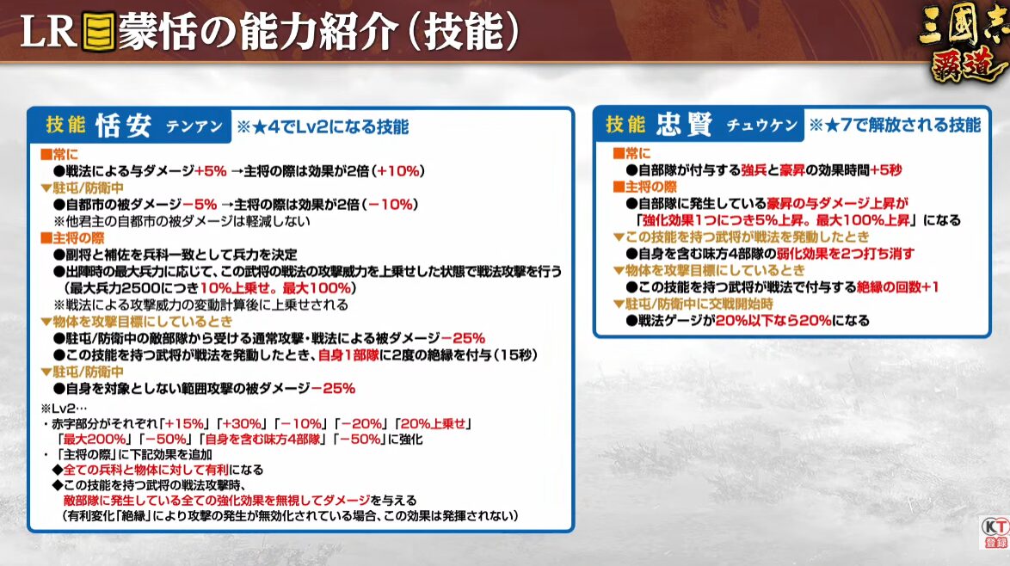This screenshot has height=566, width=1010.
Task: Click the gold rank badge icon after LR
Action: point(99,32)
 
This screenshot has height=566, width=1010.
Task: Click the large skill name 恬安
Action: point(124,126)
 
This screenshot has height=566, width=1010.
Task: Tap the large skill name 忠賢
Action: point(684,124)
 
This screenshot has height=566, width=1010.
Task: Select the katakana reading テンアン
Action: point(194,126)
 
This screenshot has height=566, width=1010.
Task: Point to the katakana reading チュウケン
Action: point(762,125)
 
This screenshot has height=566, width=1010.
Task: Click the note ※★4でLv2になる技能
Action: point(322,126)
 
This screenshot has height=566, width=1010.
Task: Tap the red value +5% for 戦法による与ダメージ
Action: point(211,171)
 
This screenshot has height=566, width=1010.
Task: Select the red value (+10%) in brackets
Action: point(398,171)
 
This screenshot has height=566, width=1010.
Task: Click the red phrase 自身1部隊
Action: point(348,354)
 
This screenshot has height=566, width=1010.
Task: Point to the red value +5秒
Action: point(885,170)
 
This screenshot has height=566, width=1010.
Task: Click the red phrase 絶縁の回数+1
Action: point(897,287)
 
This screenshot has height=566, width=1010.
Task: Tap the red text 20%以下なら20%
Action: point(773,321)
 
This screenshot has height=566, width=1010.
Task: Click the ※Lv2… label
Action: point(63,409)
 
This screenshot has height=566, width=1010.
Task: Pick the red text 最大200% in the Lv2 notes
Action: point(94,440)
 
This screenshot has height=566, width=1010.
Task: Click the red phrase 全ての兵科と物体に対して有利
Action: point(145,470)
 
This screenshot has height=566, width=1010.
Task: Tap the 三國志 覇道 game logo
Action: point(963,42)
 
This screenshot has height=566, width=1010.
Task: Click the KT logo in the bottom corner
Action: point(995,532)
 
